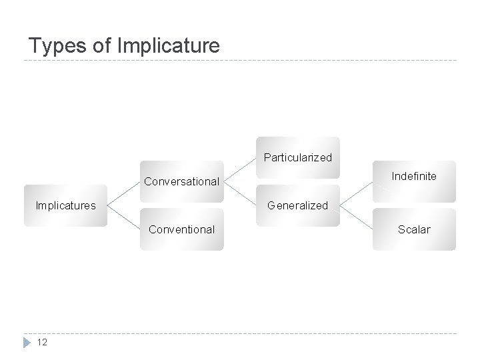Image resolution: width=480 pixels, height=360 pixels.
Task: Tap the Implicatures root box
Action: [65, 205]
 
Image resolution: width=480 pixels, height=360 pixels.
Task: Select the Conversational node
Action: [181, 181]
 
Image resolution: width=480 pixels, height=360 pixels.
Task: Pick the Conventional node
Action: [181, 229]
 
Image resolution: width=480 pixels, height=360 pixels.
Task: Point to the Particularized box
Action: [297, 157]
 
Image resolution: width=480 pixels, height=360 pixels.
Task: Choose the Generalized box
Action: [297, 205]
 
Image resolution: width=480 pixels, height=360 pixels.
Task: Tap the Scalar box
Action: [414, 229]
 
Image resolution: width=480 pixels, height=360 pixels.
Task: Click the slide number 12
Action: [41, 342]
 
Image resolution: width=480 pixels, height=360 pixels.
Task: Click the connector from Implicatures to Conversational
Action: [123, 193]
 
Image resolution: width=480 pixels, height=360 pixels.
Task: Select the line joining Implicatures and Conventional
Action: [123, 217]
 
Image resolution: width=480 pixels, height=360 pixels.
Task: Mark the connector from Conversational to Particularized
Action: [240, 169]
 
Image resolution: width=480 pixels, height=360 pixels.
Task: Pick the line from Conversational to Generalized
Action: [240, 193]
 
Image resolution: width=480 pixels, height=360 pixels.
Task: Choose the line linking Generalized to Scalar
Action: [356, 217]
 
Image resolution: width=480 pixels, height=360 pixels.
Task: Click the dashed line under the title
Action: [240, 61]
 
